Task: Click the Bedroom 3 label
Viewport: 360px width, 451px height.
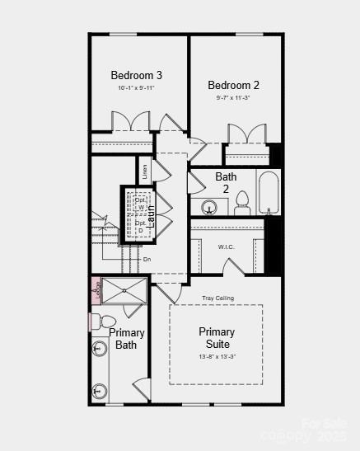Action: [x=136, y=75]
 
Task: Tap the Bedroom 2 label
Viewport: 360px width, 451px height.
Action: [x=233, y=85]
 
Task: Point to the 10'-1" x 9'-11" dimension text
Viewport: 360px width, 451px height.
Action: [x=136, y=87]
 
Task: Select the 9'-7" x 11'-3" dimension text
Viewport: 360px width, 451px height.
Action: [x=233, y=97]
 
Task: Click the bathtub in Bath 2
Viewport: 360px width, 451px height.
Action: [x=269, y=193]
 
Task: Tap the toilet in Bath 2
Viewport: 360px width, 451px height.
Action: [x=242, y=202]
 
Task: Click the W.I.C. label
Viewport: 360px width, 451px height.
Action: [x=227, y=247]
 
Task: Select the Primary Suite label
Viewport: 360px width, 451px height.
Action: [x=217, y=337]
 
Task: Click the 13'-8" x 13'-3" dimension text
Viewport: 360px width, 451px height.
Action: [x=217, y=356]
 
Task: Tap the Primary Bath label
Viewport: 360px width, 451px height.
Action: [x=127, y=339]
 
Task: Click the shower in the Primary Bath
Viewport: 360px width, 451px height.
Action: [x=124, y=291]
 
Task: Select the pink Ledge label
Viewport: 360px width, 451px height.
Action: [x=96, y=291]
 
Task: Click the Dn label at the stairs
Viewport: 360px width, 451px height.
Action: [x=147, y=260]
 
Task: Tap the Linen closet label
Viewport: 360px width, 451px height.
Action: [x=145, y=171]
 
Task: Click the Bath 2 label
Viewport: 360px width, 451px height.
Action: [x=226, y=182]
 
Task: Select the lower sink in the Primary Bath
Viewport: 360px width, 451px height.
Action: [x=100, y=389]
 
